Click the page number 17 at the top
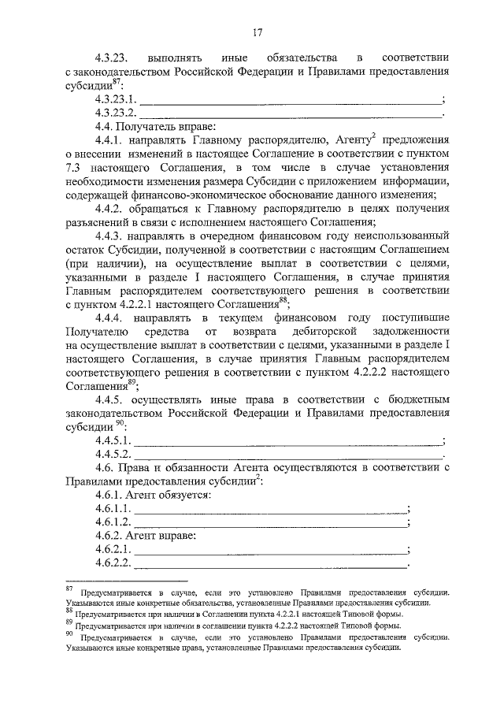click(x=257, y=32)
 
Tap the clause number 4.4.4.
click(x=109, y=318)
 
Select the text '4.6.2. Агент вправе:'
click(x=146, y=536)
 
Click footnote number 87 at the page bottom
click(x=69, y=589)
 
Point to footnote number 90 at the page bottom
click(x=69, y=633)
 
